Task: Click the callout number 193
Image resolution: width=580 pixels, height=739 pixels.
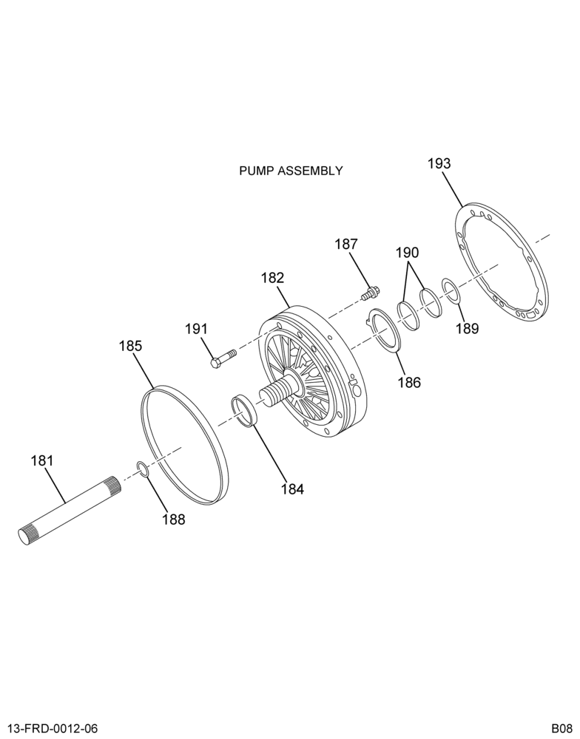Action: click(x=439, y=163)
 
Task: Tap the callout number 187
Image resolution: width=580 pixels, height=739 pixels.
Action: click(x=346, y=245)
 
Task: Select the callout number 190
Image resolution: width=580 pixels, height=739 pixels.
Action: click(x=407, y=253)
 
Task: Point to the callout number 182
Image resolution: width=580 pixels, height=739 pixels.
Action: click(x=273, y=278)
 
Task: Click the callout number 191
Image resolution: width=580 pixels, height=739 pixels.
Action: click(x=196, y=329)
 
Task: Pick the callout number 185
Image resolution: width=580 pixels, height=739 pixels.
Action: click(x=130, y=346)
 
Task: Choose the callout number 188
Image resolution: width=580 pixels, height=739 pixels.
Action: click(x=174, y=520)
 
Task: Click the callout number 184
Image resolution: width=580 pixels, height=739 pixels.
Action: click(x=293, y=489)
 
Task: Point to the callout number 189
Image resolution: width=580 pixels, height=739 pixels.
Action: click(x=468, y=328)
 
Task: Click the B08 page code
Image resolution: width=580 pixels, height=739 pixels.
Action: click(x=562, y=728)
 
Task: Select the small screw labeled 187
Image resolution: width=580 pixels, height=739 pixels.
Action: click(x=368, y=294)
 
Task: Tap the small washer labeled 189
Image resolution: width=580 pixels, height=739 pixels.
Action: click(x=450, y=291)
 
